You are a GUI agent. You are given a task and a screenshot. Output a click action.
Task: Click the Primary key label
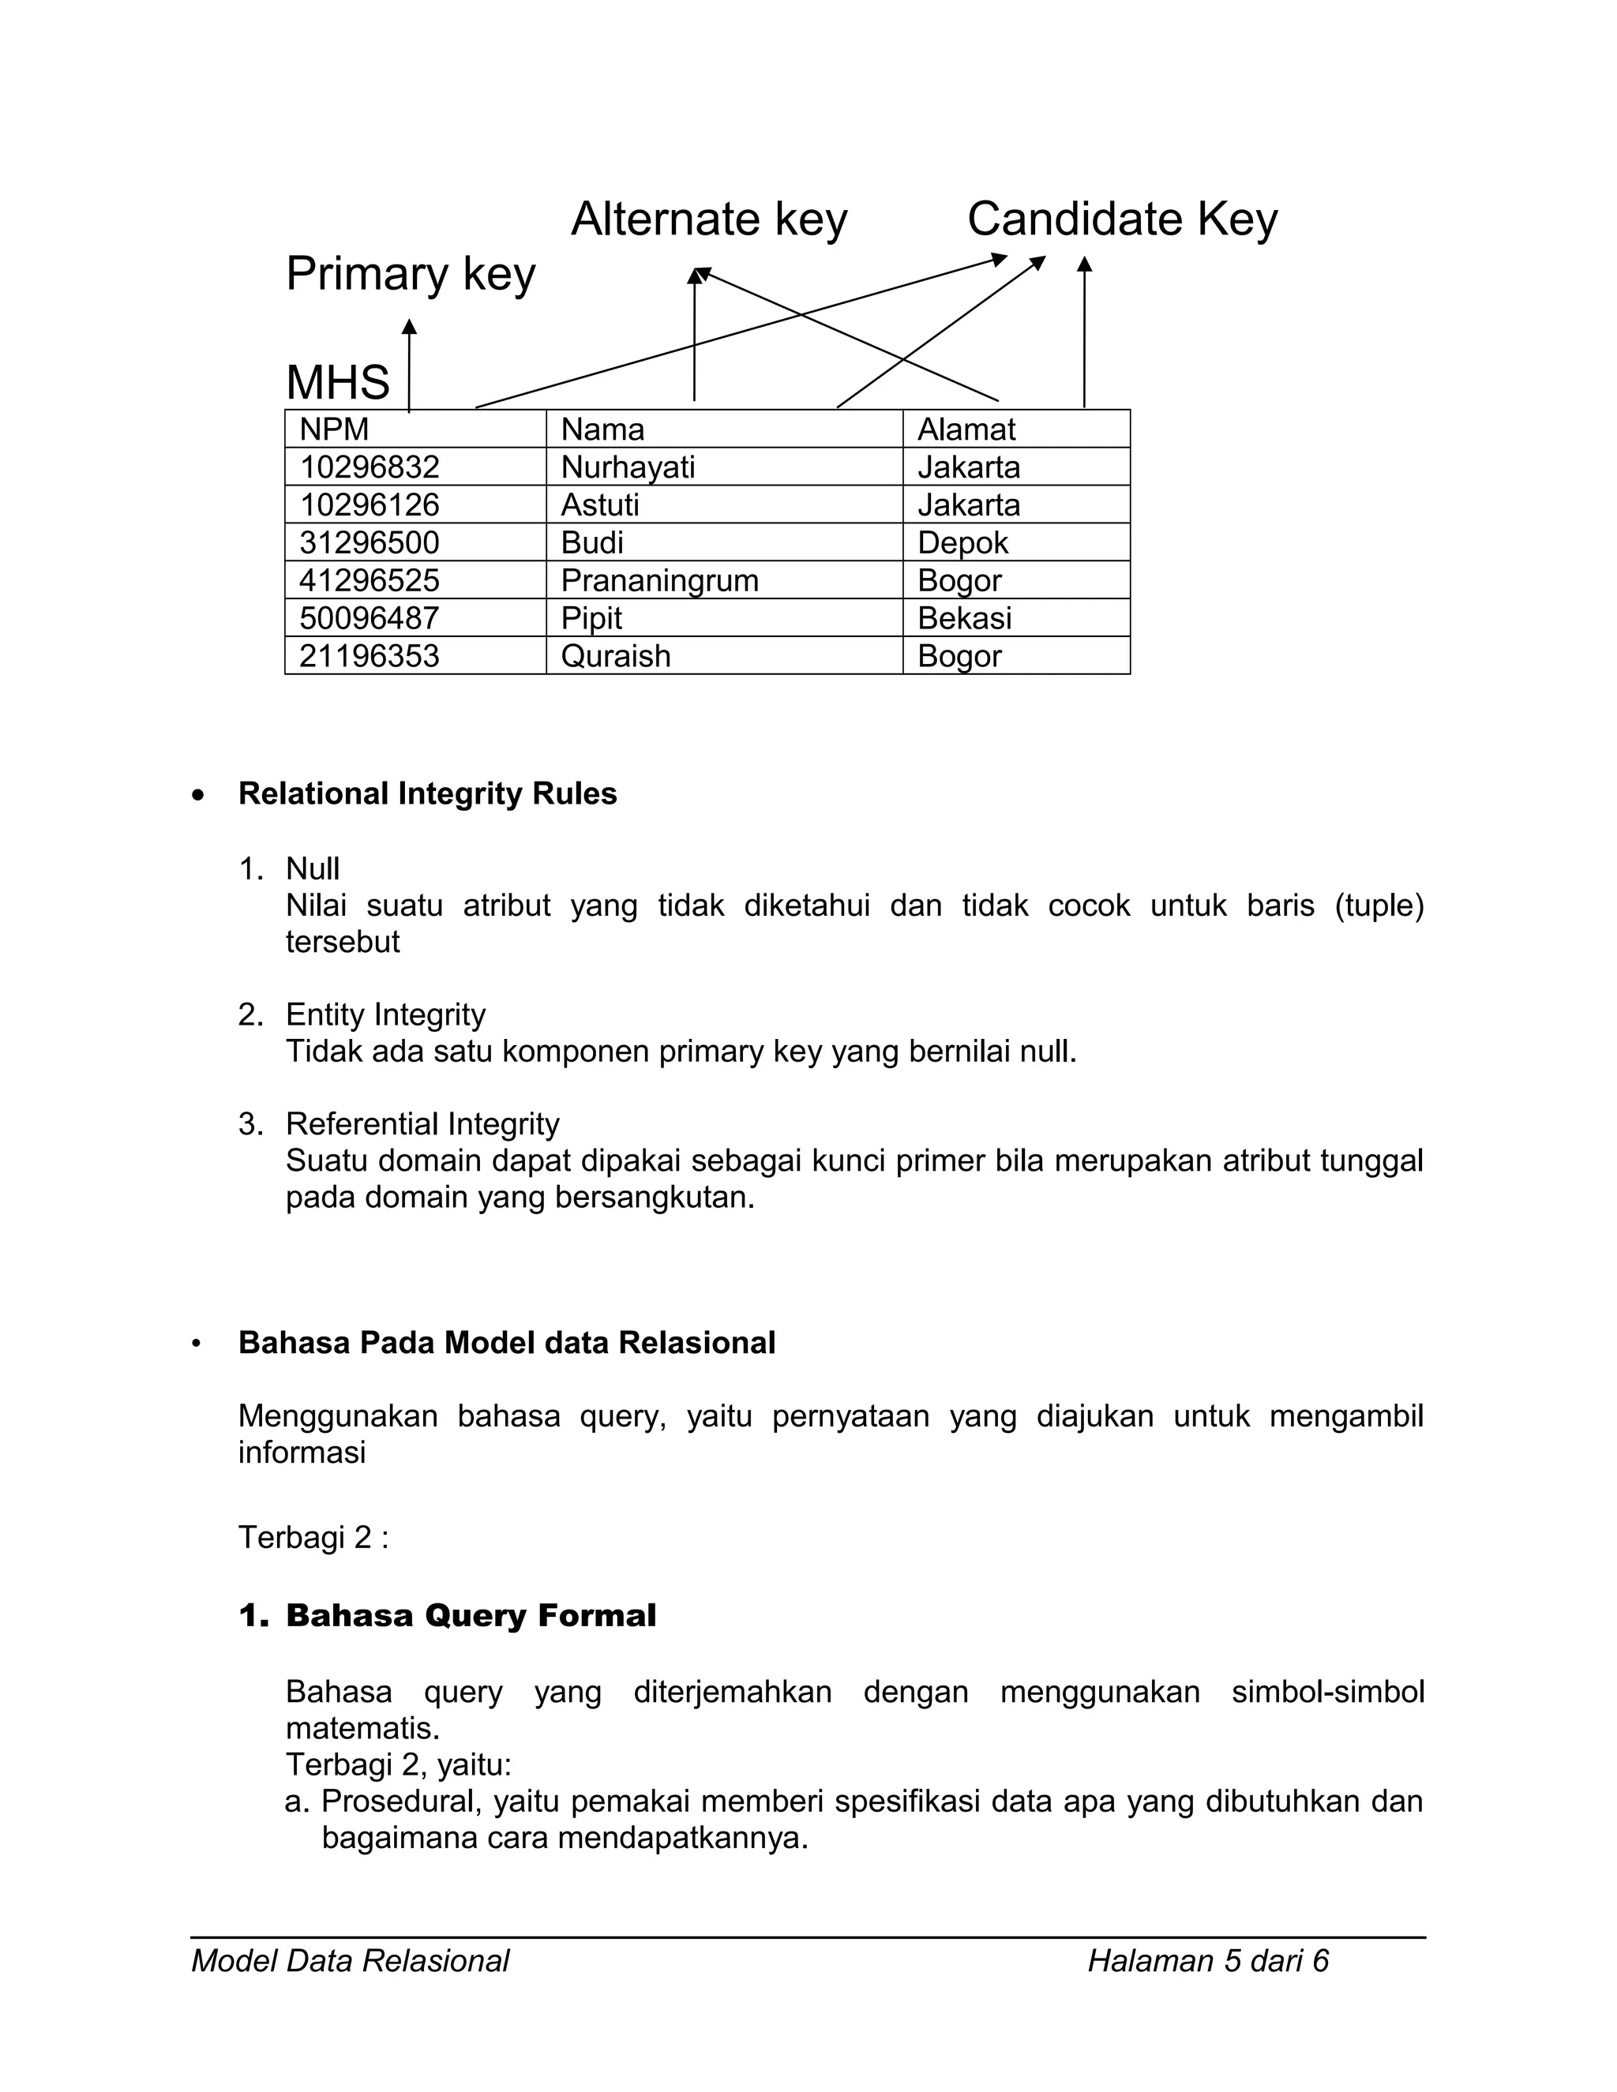410,275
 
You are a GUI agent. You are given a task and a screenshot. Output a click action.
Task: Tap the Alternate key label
709,219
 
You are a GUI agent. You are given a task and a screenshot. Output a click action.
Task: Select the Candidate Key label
1122,219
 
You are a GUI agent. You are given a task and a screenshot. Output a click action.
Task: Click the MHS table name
338,382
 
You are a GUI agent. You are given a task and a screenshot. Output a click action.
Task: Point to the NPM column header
334,429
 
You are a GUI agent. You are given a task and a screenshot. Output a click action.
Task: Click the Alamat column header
966,429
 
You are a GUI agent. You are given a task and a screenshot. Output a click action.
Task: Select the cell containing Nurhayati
628,467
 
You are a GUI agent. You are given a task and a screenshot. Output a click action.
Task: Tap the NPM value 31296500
369,543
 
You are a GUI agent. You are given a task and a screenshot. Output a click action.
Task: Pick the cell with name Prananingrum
659,580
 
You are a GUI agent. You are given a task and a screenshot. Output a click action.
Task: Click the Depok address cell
962,543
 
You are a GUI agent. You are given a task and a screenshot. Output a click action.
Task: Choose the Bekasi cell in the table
964,619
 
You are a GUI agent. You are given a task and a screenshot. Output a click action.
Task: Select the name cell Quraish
615,656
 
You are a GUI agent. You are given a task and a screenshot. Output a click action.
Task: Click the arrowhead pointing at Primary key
409,328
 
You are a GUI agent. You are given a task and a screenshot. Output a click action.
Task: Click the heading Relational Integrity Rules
427,794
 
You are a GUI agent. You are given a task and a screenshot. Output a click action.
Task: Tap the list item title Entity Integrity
385,1014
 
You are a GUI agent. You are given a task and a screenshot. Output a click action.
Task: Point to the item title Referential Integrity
422,1123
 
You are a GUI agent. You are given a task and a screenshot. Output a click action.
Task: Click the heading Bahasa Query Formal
471,1616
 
